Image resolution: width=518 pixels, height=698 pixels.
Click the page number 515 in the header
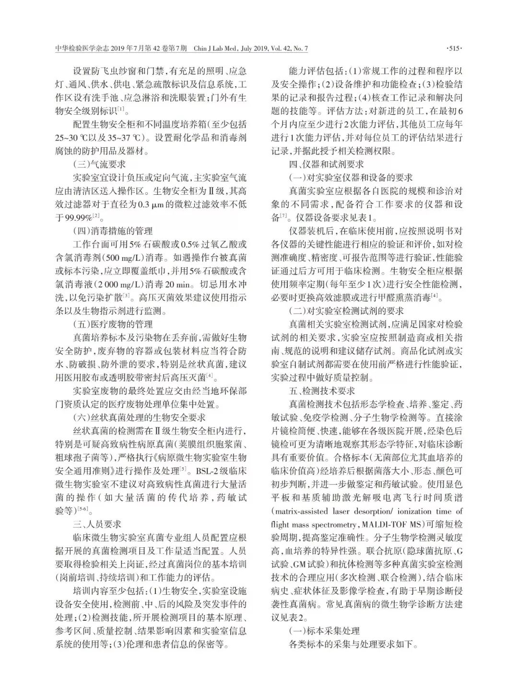[453, 48]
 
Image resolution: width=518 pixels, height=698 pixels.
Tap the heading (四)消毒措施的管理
[113, 230]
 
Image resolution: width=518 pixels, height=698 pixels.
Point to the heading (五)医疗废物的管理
[113, 324]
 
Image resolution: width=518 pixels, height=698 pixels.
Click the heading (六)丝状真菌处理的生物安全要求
[139, 417]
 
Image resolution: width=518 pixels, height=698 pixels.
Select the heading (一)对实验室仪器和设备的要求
[351, 177]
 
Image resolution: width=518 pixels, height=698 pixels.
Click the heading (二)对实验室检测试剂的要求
[346, 310]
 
